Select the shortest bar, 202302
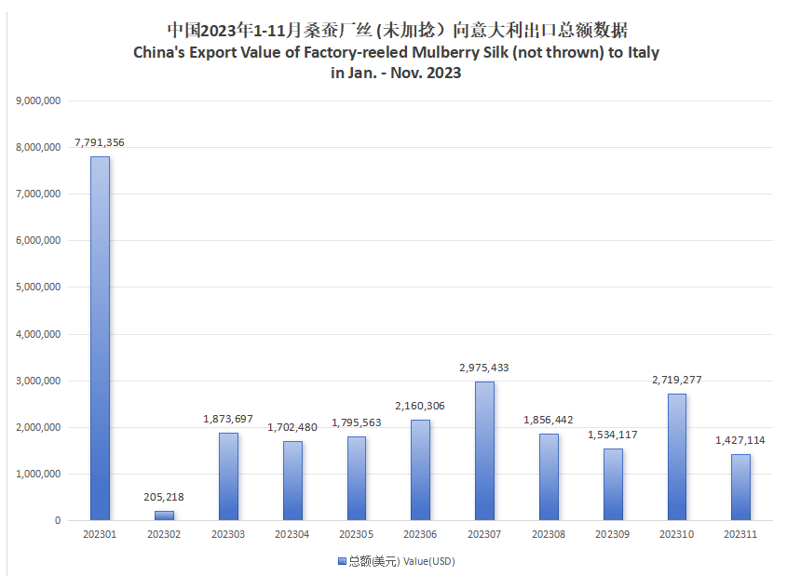164,515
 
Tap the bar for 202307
484,450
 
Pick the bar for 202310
676,456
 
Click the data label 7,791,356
100,142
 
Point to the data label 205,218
164,497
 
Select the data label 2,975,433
484,368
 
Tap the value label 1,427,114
740,440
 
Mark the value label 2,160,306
420,406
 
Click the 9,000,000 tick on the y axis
39,100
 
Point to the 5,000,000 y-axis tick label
39,287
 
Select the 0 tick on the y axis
58,520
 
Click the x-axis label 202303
228,535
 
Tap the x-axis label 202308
549,535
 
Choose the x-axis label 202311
740,535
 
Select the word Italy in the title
641,52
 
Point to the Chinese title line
395,31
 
